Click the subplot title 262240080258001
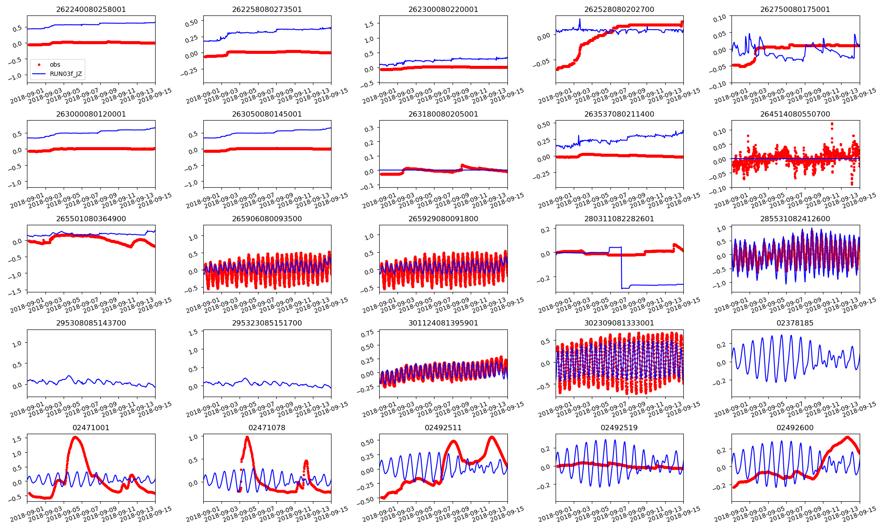point(91,9)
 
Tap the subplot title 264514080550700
point(795,114)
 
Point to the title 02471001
point(91,428)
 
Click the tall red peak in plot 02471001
point(75,437)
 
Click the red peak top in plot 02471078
point(247,437)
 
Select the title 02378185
point(795,323)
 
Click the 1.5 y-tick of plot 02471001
point(17,439)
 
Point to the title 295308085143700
point(91,323)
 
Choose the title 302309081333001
point(619,323)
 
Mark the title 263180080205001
point(443,114)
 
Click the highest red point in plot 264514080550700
point(832,124)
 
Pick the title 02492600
point(795,428)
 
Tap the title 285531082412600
point(795,219)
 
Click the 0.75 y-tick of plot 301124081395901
point(367,333)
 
